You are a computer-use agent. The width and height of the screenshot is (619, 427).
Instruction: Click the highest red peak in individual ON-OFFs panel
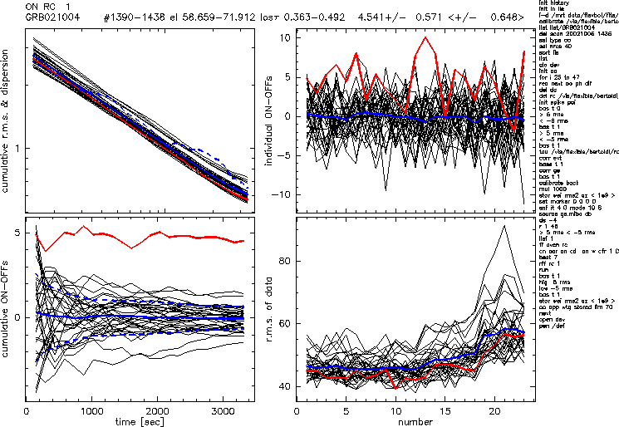[x=425, y=37]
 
